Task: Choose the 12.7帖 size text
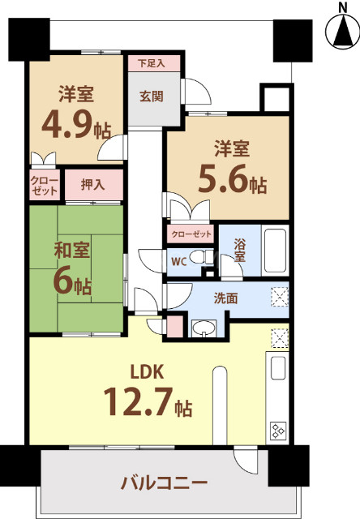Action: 147,402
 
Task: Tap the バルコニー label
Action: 165,483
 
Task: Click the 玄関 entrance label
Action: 151,97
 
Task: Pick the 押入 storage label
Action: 92,185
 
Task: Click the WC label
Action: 179,261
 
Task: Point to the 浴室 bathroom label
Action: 239,249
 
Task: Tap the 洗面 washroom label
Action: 227,298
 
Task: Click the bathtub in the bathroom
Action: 276,251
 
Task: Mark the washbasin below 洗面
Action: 204,328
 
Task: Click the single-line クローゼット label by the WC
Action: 191,234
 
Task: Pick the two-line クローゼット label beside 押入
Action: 44,185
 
